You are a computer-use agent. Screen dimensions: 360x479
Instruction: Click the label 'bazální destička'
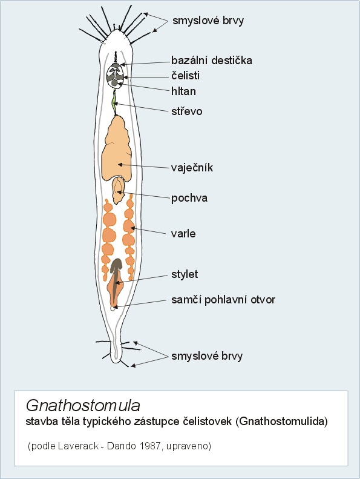(212, 60)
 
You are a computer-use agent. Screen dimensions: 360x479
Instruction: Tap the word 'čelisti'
(185, 76)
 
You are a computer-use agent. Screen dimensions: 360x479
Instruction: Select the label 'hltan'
(183, 91)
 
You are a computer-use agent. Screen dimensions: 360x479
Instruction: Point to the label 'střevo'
(186, 111)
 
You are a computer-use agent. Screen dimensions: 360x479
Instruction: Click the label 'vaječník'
(192, 167)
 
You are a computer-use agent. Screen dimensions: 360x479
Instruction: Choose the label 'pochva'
(189, 198)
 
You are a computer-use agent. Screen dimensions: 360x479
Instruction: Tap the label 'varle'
(183, 233)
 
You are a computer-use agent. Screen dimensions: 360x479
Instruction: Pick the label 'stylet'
(185, 274)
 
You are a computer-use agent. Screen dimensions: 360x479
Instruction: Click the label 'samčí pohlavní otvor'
(223, 300)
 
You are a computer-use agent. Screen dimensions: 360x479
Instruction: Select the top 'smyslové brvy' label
(208, 21)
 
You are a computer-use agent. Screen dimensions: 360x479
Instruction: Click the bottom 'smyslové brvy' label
(207, 356)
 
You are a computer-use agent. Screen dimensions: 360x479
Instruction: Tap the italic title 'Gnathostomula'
(83, 405)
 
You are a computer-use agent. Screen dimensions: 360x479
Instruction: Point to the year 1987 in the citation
(149, 446)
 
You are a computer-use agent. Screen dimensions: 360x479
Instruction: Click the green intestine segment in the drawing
(114, 102)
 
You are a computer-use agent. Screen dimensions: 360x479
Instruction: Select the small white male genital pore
(113, 308)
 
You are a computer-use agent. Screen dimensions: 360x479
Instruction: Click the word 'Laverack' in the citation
(78, 446)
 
